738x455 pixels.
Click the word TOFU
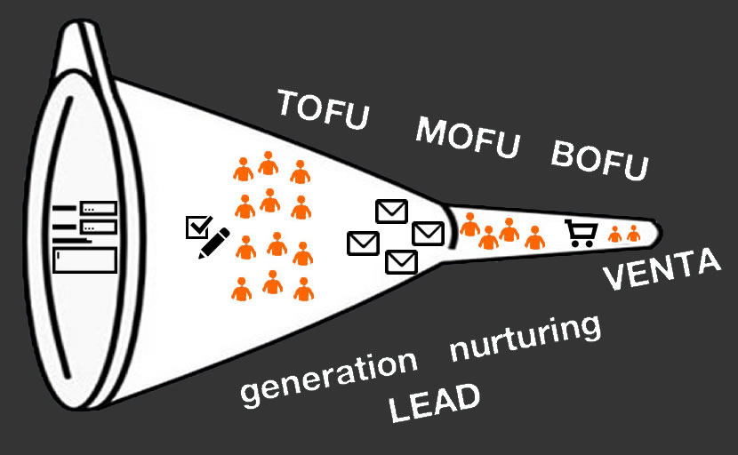[x=322, y=109]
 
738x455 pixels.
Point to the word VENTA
[x=662, y=271]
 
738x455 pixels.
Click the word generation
[x=329, y=377]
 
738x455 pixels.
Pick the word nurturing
[x=525, y=338]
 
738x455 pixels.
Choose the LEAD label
[x=435, y=403]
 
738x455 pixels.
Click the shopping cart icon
[x=581, y=233]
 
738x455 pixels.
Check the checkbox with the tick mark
[x=196, y=227]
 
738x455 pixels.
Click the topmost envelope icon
[x=391, y=211]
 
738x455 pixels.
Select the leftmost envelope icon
[x=363, y=242]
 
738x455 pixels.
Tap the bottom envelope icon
[x=401, y=261]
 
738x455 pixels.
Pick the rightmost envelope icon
[x=428, y=232]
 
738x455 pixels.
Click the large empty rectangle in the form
[x=85, y=260]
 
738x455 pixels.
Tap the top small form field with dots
[x=99, y=208]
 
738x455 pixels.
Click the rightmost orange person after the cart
[x=633, y=234]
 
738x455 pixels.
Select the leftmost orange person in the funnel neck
[x=469, y=225]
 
